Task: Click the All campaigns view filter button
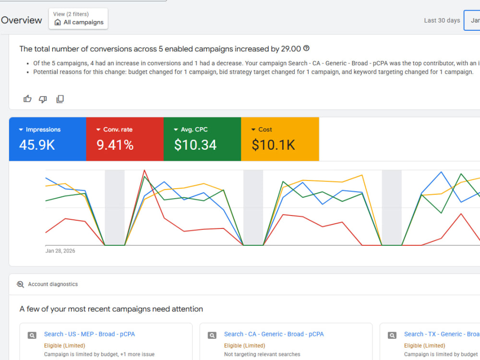point(78,19)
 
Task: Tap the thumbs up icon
point(27,98)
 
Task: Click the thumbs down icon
point(43,99)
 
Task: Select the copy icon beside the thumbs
point(60,99)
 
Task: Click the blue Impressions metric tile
point(48,139)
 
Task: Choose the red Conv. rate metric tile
point(125,139)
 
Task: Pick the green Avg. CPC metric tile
point(203,139)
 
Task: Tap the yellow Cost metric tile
point(280,139)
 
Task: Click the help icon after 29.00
point(306,48)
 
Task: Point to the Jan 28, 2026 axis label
point(60,251)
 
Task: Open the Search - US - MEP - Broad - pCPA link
point(89,334)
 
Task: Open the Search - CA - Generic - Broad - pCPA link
point(274,334)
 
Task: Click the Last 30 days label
point(442,20)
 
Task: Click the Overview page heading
point(22,20)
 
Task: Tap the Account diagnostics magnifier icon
point(20,284)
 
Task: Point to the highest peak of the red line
point(144,170)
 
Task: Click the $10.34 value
point(195,145)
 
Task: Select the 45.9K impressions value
point(37,145)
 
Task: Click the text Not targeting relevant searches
point(262,354)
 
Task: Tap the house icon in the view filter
point(58,23)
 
